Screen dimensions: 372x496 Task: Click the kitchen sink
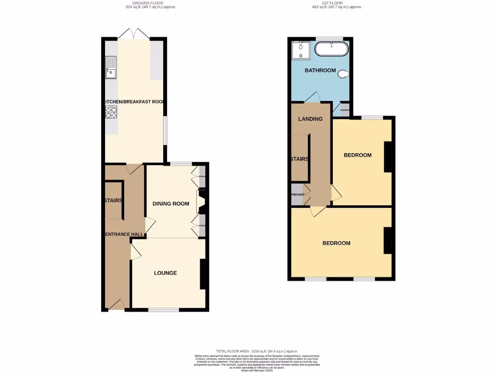tap(110, 68)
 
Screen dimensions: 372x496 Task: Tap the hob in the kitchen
tap(110, 112)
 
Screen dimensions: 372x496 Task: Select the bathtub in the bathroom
tap(331, 49)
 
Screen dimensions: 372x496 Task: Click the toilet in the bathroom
tap(344, 74)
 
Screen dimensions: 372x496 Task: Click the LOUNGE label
tap(165, 273)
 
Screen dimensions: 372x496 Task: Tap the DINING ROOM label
tap(170, 203)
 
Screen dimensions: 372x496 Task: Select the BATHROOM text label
tap(320, 70)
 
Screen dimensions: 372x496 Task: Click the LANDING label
tap(310, 119)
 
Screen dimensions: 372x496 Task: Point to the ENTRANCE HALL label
tap(124, 234)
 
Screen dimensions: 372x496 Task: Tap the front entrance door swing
tap(116, 304)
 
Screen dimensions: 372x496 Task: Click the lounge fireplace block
tap(202, 275)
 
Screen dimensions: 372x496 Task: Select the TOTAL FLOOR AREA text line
tap(257, 351)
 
